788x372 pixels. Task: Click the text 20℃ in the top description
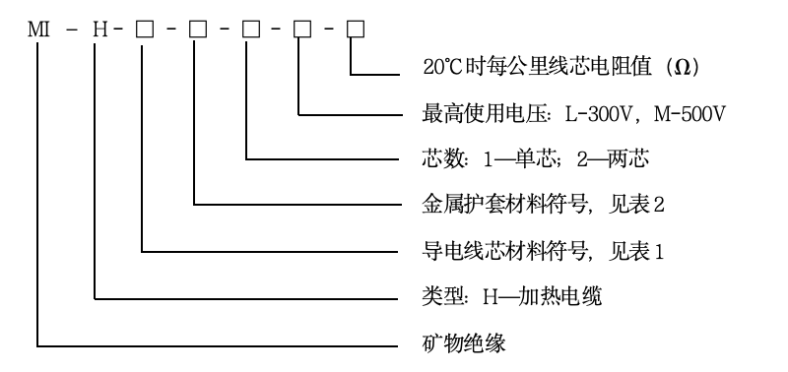(x=439, y=67)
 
